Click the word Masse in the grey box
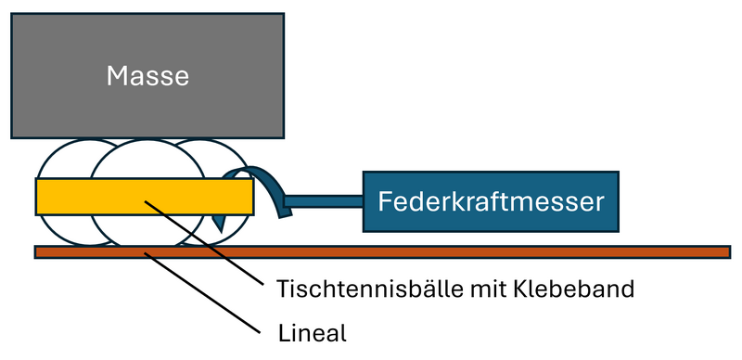(147, 75)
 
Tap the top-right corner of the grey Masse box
(283, 14)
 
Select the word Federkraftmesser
(491, 200)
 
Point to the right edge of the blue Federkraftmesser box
(618, 200)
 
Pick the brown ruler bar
(464, 251)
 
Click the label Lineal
(312, 332)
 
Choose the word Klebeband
(569, 289)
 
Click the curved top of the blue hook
(255, 171)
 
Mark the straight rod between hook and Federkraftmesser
(325, 200)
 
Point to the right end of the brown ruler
(728, 251)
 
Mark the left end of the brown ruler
(37, 251)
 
